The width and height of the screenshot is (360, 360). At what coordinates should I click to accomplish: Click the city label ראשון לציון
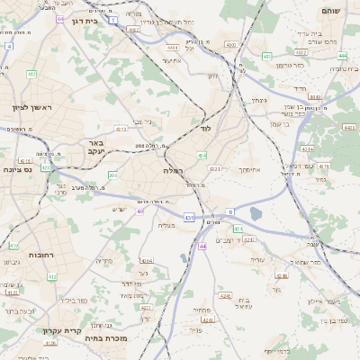point(32,108)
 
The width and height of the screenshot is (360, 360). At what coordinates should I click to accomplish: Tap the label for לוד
point(205,129)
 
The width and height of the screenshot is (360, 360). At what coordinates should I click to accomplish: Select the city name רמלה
point(173,169)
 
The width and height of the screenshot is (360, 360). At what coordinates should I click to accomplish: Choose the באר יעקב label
point(96,148)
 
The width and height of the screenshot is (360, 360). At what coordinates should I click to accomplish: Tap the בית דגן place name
point(82,20)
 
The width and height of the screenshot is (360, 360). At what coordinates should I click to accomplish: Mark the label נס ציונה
point(17,168)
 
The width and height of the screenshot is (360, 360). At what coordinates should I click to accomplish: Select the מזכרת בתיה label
point(105,339)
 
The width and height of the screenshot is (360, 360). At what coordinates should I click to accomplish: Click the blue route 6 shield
point(229,211)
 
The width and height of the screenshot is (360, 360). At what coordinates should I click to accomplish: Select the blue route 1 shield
point(113,19)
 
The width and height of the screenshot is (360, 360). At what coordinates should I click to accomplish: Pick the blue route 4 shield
point(9,45)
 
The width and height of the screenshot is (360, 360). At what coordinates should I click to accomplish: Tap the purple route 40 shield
point(139,211)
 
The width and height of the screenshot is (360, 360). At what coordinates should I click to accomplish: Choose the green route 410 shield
point(13,245)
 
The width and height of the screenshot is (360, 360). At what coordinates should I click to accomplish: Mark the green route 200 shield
point(112,175)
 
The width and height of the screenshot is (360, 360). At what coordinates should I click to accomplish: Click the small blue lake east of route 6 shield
point(256,213)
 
